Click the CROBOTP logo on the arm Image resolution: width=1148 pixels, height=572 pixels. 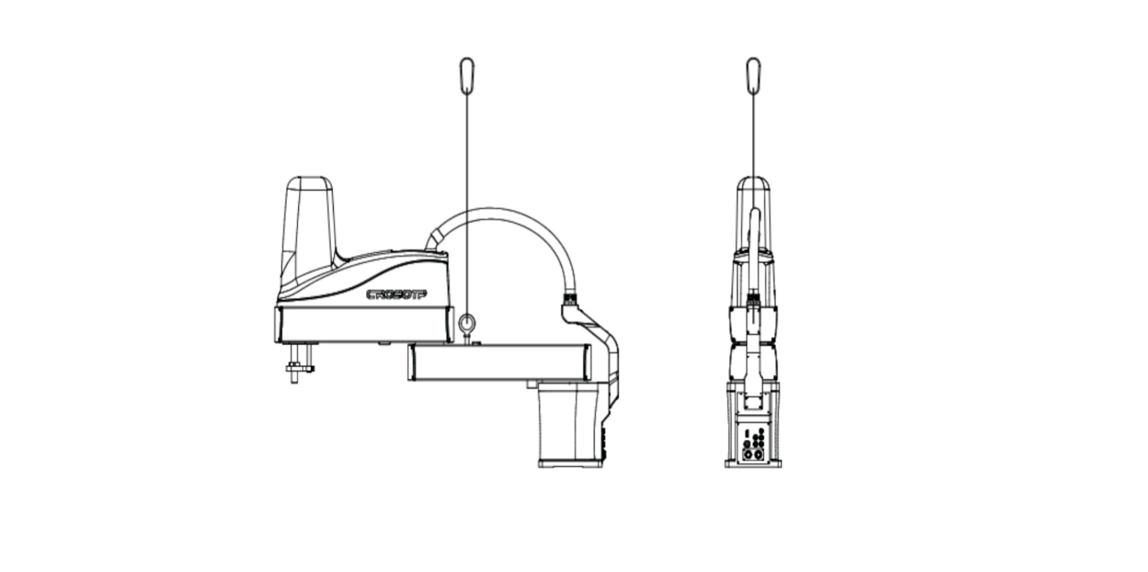[397, 295]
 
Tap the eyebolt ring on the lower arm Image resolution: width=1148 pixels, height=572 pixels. [467, 322]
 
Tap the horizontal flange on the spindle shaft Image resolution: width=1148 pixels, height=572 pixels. [300, 368]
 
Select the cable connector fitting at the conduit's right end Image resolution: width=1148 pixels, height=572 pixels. [569, 299]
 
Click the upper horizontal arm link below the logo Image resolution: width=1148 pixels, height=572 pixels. [362, 324]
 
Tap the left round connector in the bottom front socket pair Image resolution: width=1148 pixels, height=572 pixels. [748, 455]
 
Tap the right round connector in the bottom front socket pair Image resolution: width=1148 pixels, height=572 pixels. [758, 455]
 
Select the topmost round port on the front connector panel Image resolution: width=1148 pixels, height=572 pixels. [761, 431]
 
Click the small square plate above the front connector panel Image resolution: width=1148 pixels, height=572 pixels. [753, 403]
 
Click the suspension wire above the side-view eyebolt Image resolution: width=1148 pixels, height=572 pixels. [467, 203]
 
